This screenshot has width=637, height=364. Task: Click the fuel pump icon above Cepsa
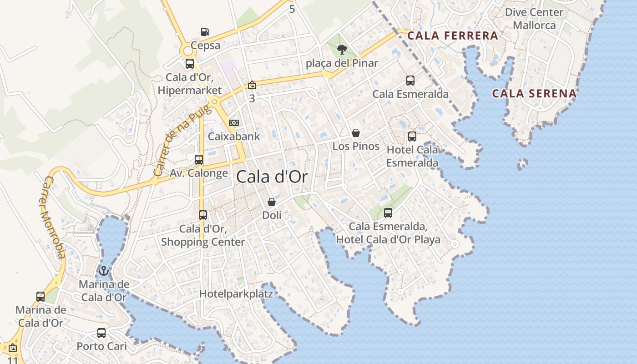pos(205,32)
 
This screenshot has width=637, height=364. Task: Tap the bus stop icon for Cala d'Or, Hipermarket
pos(190,64)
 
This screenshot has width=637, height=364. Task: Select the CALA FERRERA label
pos(452,35)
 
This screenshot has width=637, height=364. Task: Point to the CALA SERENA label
pos(535,94)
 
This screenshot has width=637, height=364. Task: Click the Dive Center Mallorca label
pos(534,19)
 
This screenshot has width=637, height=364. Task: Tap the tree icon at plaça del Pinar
pos(342,50)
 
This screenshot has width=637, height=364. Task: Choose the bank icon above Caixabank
pos(234,123)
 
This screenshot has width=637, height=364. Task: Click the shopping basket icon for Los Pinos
pos(356,133)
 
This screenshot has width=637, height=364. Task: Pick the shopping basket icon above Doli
pos(272,202)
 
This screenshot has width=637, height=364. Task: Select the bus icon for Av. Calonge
pos(199,160)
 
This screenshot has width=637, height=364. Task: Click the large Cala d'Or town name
pos(272,177)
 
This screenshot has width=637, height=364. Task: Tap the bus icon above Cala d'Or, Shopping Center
pos(203,215)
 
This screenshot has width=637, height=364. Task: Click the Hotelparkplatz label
pos(236,294)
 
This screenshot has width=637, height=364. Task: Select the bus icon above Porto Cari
pos(101,333)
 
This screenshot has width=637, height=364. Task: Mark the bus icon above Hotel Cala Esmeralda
pos(412,136)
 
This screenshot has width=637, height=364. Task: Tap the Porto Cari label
pos(101,346)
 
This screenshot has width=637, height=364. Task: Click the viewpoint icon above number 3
pos(252,85)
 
